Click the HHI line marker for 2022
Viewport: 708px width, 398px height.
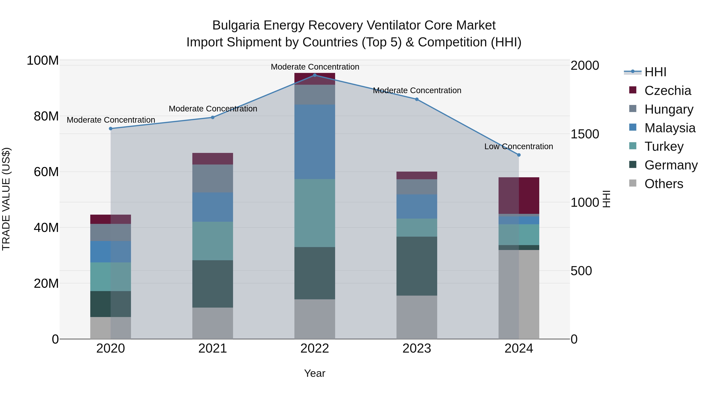pyautogui.click(x=315, y=75)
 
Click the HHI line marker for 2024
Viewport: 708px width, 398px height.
pyautogui.click(x=519, y=155)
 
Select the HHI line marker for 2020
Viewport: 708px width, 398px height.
pyautogui.click(x=111, y=129)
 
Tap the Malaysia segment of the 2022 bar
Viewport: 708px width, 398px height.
pyautogui.click(x=315, y=142)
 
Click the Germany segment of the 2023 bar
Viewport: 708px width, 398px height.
pyautogui.click(x=417, y=266)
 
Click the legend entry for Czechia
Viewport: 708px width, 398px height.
pyautogui.click(x=667, y=91)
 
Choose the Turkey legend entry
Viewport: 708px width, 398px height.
pyautogui.click(x=664, y=146)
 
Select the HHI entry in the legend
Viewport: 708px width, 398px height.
pyautogui.click(x=655, y=72)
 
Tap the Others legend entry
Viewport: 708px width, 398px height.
pyautogui.click(x=664, y=184)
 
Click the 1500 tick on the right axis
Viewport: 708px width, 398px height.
pyautogui.click(x=585, y=134)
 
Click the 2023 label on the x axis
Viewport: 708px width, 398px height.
pyautogui.click(x=417, y=348)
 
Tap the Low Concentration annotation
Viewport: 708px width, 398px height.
pyautogui.click(x=518, y=146)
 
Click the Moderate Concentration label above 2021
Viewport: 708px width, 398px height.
pyautogui.click(x=213, y=109)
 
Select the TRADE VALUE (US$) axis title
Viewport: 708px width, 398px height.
pyautogui.click(x=6, y=199)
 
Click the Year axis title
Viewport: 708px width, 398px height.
pyautogui.click(x=314, y=373)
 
